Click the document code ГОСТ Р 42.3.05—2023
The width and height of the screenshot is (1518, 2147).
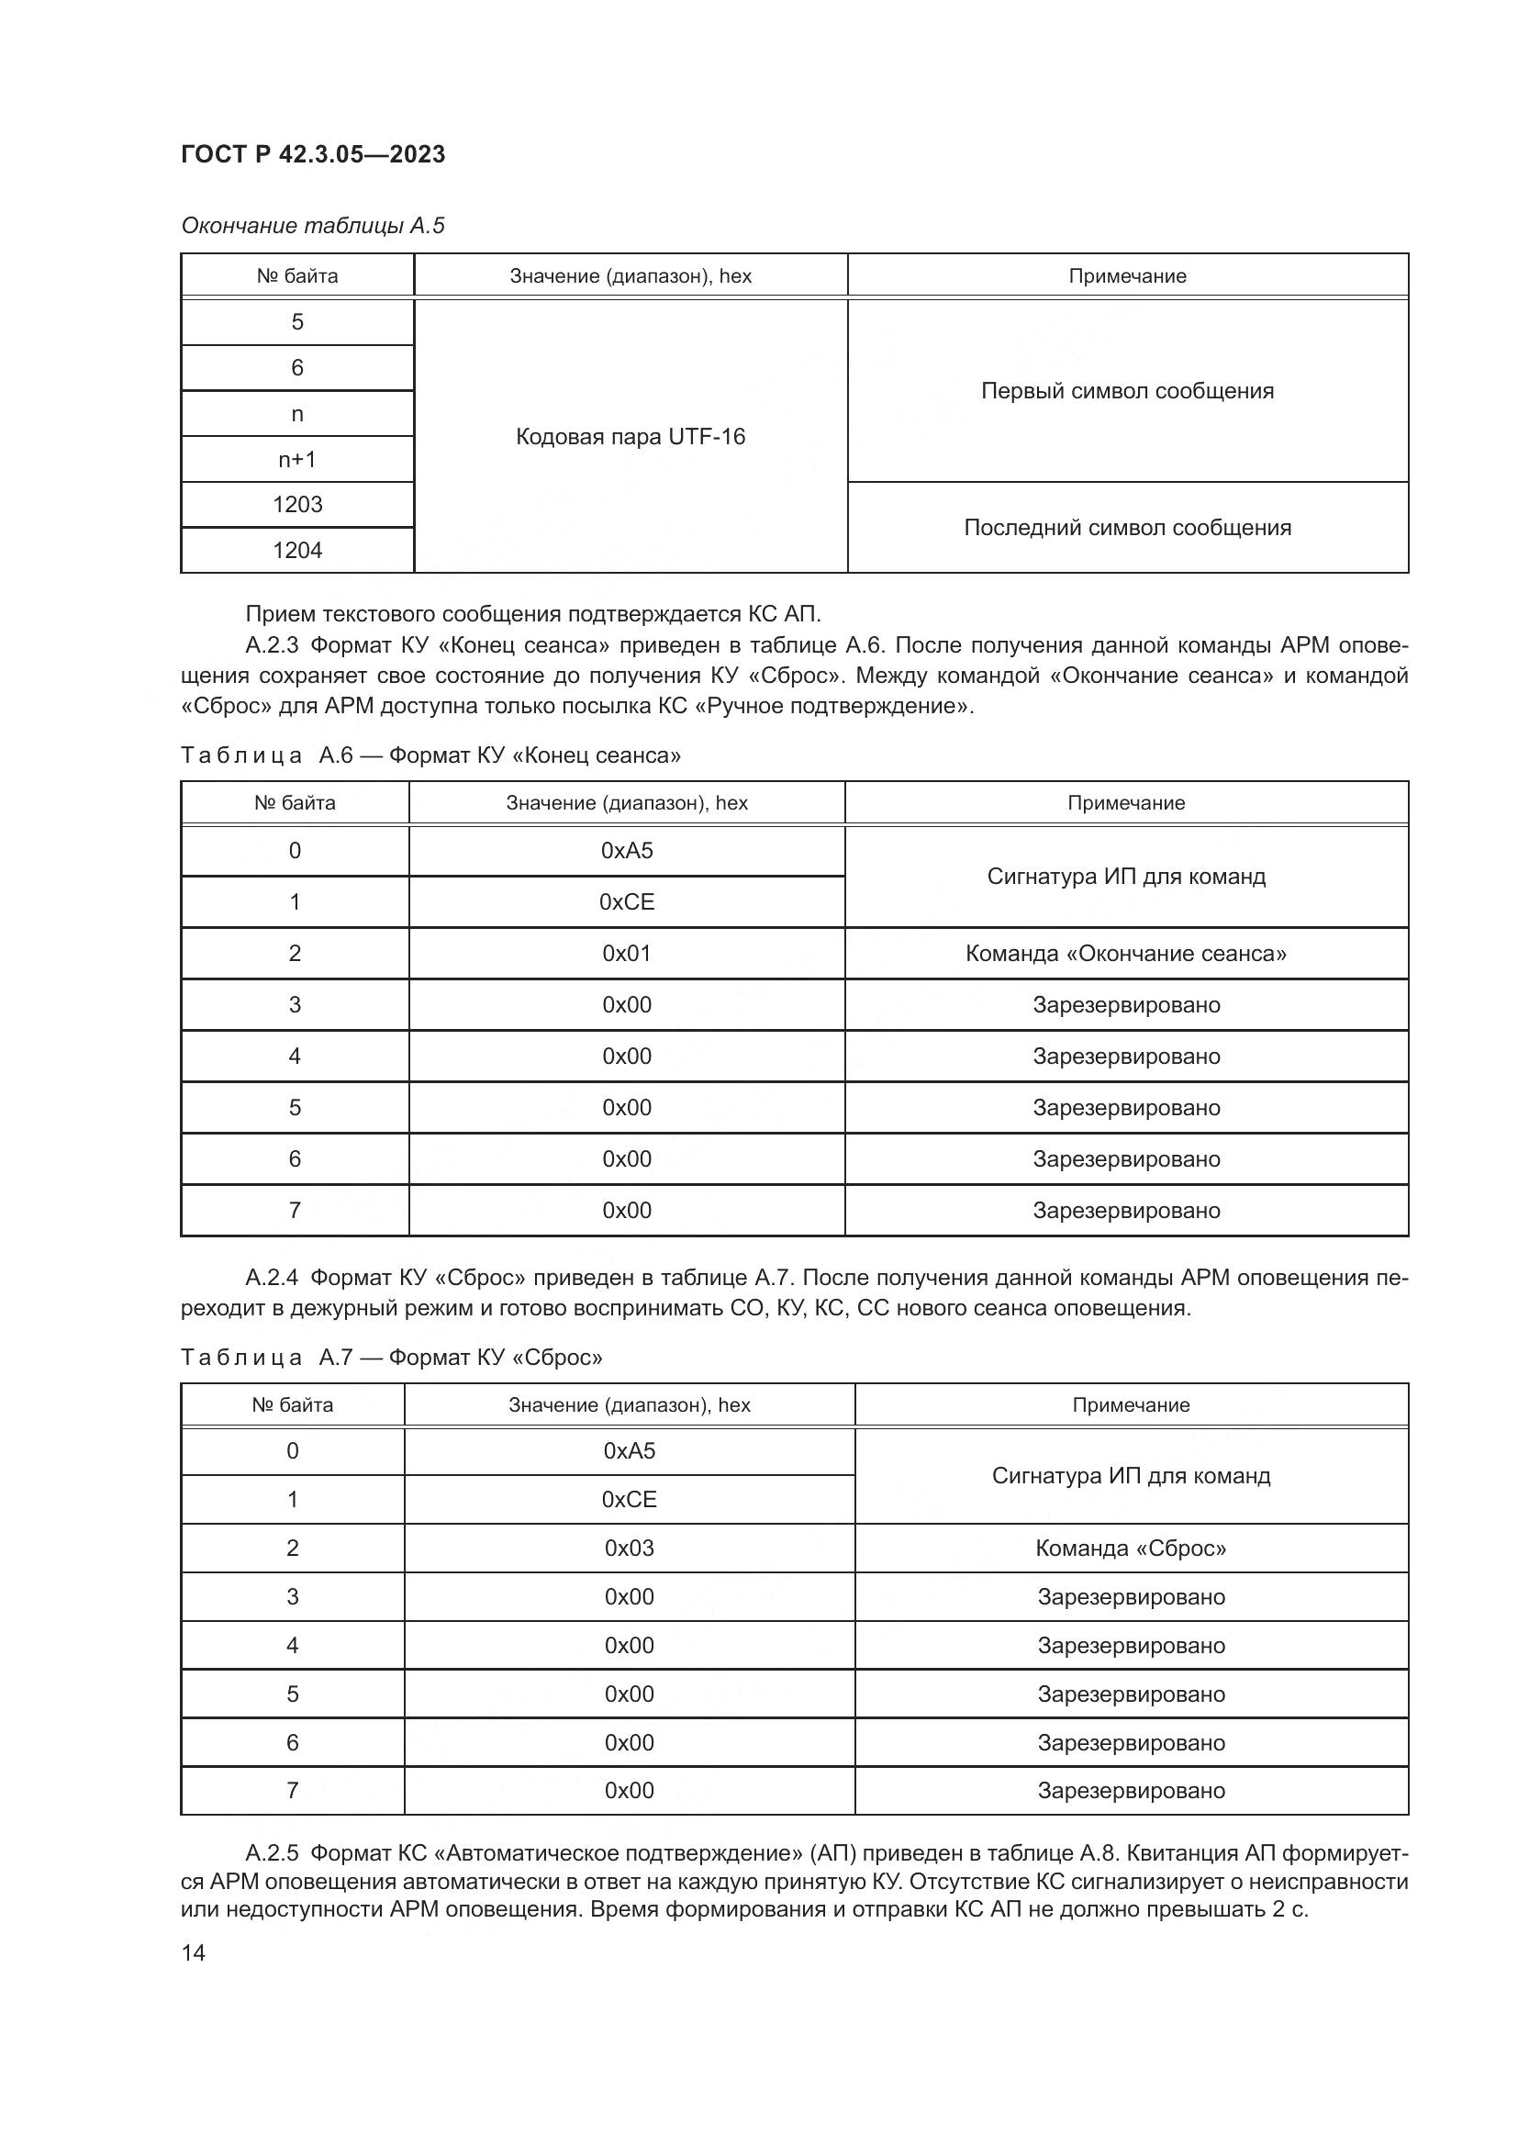(313, 154)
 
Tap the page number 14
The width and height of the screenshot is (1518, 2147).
(194, 1952)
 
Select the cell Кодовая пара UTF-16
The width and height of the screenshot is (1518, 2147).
(630, 437)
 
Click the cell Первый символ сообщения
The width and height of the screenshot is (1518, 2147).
(1127, 391)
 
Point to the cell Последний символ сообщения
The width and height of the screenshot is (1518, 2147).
(1127, 528)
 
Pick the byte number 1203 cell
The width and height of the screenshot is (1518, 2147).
(297, 505)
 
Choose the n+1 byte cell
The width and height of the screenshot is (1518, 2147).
(297, 459)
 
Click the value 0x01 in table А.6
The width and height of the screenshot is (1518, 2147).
(626, 954)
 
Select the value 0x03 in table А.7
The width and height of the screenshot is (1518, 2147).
(629, 1548)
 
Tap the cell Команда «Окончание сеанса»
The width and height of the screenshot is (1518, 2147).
(1125, 954)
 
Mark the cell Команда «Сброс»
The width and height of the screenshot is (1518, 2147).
(1130, 1548)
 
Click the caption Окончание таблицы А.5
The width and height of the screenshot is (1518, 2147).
(313, 226)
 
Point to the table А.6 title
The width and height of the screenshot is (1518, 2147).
(431, 755)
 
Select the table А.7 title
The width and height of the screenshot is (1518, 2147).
(392, 1357)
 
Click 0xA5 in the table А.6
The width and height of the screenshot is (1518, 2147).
(626, 851)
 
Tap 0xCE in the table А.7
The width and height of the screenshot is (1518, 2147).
(629, 1499)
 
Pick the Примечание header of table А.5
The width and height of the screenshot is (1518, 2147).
(1127, 276)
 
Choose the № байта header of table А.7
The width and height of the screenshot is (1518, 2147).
(293, 1404)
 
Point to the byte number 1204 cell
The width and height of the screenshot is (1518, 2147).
(297, 551)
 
